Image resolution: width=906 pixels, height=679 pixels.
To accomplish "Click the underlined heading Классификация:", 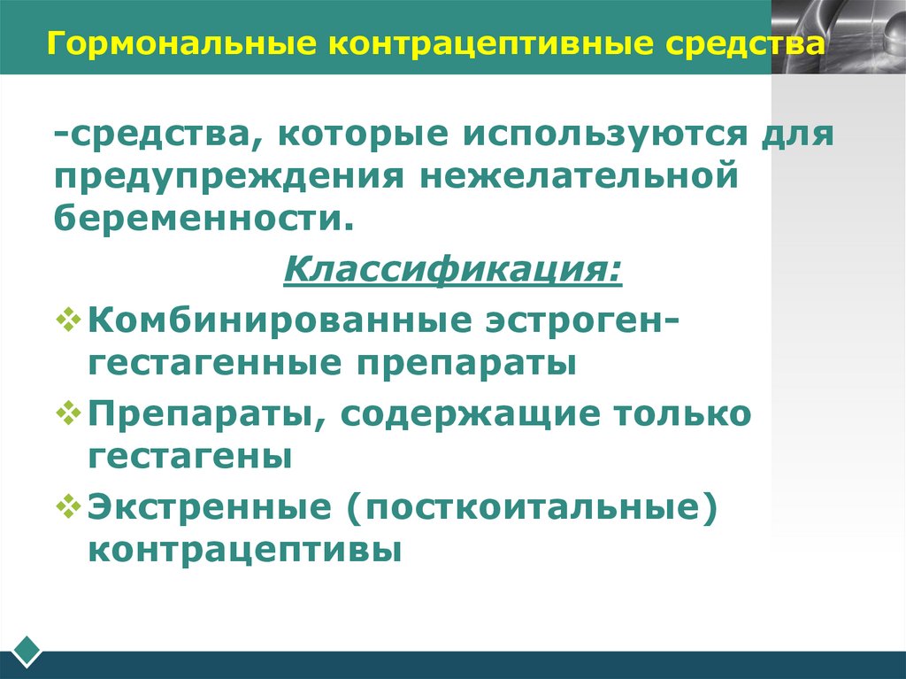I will coord(452,266).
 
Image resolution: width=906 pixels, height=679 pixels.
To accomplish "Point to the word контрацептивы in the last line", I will coord(245,549).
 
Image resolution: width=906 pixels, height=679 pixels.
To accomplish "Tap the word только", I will coord(676,413).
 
